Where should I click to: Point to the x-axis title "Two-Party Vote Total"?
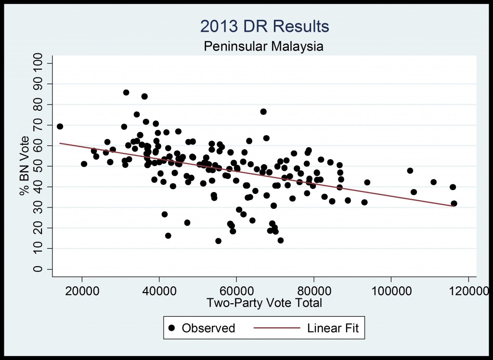264,303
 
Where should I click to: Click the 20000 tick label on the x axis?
82,291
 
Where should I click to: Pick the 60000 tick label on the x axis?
236,291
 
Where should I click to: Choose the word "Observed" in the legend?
208,328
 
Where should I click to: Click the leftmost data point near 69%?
60,127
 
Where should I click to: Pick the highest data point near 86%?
126,92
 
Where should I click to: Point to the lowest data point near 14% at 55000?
218,241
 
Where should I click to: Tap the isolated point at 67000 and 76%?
263,112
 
